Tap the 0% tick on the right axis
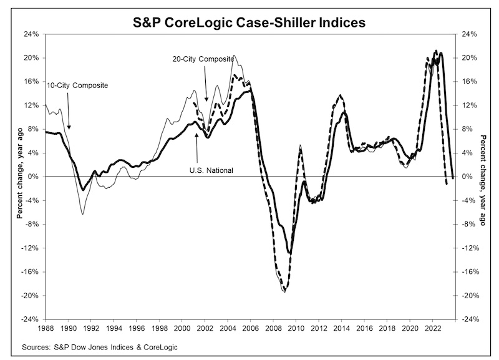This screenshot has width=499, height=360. [x=468, y=177]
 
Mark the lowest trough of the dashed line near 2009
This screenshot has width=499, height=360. [x=284, y=291]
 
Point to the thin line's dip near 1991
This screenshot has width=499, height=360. [x=82, y=214]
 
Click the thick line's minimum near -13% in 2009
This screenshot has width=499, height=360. [x=289, y=253]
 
